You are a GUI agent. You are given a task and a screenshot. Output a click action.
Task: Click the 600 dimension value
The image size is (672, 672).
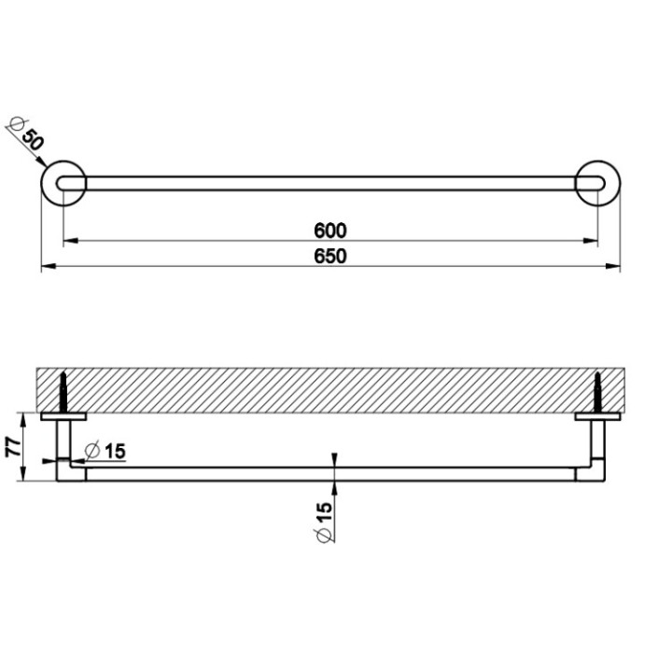click(330, 230)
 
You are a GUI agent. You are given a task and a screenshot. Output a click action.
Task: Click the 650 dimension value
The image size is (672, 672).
click(330, 257)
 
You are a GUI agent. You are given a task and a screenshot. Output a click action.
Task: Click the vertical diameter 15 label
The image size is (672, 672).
click(324, 520)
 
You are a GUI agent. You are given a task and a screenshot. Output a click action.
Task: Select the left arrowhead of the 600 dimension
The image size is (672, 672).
click(68, 242)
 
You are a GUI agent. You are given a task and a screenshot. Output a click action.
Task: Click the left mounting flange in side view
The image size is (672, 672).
click(63, 417)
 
